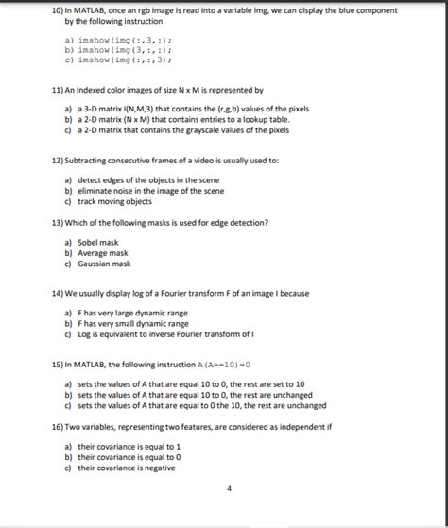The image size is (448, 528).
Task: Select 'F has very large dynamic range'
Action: [133, 313]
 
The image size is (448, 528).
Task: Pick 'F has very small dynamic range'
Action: [133, 323]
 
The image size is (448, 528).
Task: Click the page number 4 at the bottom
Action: [229, 489]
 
